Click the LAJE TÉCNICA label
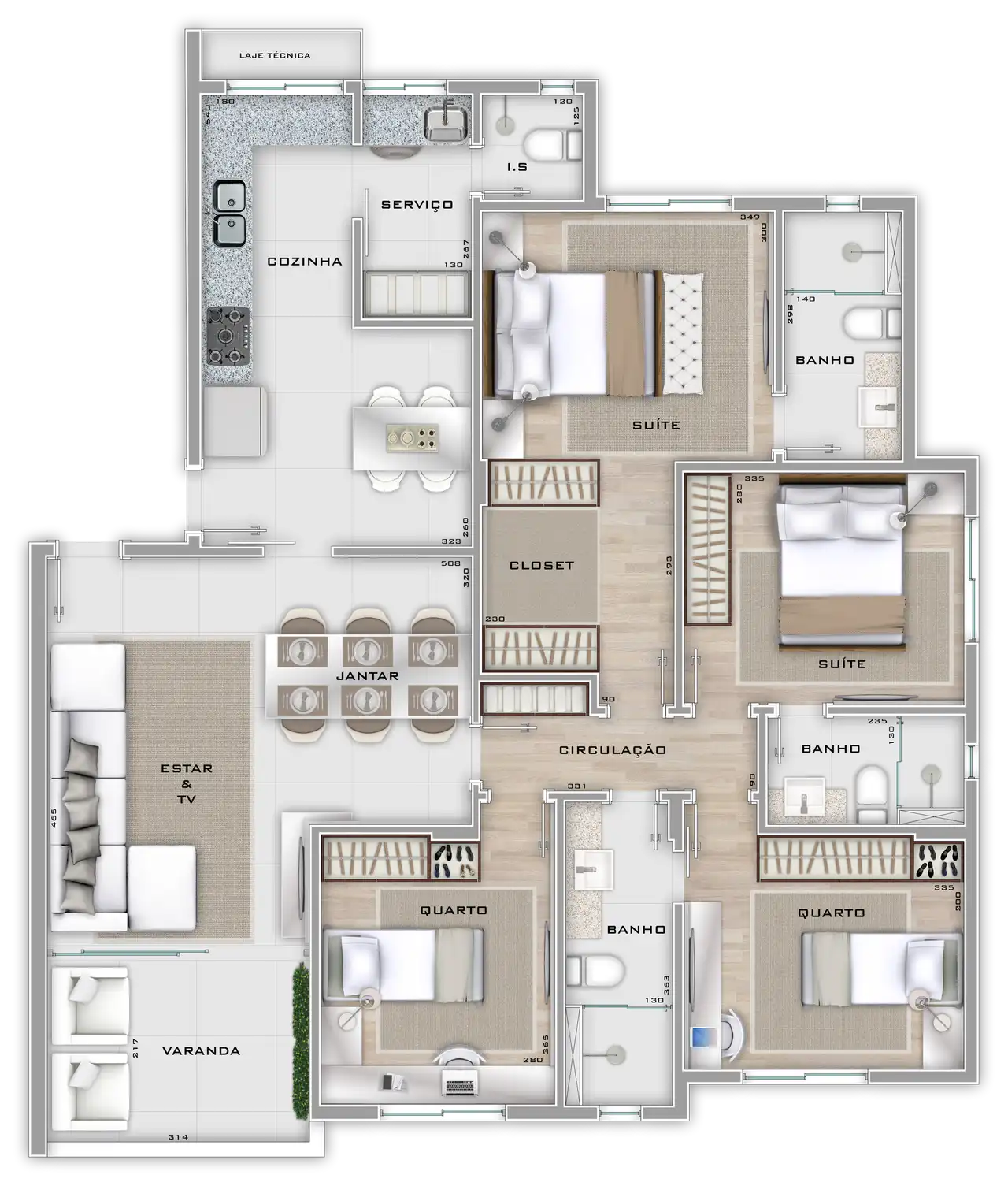275,56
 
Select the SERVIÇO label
417,205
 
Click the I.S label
517,167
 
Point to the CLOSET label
542,566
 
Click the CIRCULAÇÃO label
613,750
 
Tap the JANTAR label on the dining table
367,676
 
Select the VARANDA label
201,1051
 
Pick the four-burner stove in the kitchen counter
228,336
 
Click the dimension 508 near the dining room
450,563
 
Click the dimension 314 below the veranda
178,1137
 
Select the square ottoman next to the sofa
161,888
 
